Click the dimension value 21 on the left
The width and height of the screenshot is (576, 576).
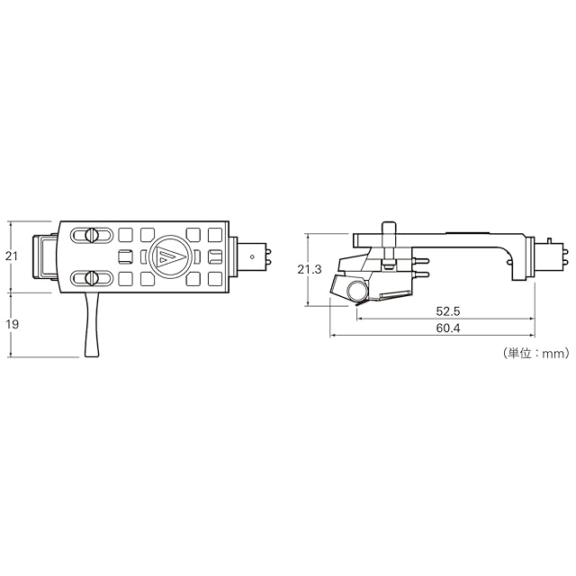12,256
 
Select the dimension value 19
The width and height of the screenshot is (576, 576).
12,324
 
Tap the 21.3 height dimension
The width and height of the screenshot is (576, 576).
310,269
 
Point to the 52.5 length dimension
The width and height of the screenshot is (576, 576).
448,311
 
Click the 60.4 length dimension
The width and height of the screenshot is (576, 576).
448,328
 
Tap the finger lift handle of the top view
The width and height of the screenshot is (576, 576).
92,325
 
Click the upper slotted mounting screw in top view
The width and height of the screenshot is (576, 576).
91,235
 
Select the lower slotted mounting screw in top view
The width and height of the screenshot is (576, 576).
91,278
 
